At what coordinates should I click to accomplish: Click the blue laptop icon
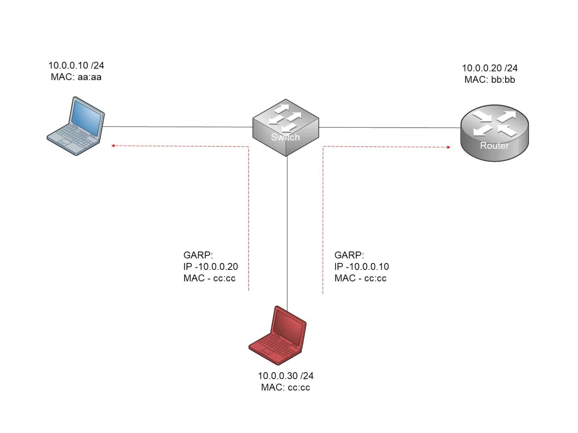(76, 126)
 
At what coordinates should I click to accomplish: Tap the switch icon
(286, 127)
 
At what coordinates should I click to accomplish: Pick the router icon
(494, 133)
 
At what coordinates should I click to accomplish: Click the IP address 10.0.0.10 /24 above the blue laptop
(76, 66)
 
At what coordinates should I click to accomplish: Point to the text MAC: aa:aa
(76, 77)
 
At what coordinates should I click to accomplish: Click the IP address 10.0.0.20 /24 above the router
(490, 68)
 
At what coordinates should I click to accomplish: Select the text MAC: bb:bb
(490, 80)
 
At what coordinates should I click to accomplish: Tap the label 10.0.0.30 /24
(286, 376)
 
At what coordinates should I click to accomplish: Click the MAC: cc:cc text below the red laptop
(286, 387)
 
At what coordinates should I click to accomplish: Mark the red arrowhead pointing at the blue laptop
(113, 146)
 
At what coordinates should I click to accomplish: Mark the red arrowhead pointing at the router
(449, 147)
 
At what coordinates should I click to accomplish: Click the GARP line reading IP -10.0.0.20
(210, 266)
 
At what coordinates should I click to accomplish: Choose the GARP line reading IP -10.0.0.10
(362, 266)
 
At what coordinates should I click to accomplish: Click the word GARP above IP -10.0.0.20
(198, 255)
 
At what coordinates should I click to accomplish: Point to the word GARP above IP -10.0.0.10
(349, 255)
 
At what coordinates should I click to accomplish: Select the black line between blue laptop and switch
(178, 127)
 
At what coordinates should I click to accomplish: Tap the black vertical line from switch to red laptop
(287, 231)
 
